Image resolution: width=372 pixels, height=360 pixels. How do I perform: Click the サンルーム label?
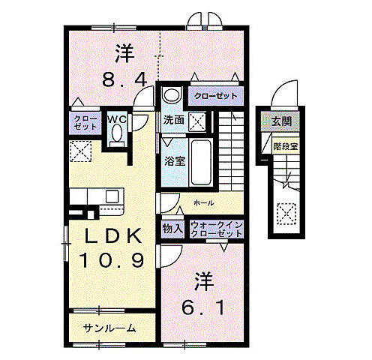(110, 327)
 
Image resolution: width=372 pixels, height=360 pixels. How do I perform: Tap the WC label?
(116, 118)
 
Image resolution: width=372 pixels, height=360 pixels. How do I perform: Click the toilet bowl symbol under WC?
(116, 135)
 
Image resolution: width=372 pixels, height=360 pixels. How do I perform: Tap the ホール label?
(203, 202)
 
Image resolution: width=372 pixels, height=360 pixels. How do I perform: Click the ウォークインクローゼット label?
(216, 229)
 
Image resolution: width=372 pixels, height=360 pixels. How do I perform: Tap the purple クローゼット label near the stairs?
(216, 96)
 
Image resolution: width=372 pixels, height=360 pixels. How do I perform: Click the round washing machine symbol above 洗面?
(172, 96)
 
